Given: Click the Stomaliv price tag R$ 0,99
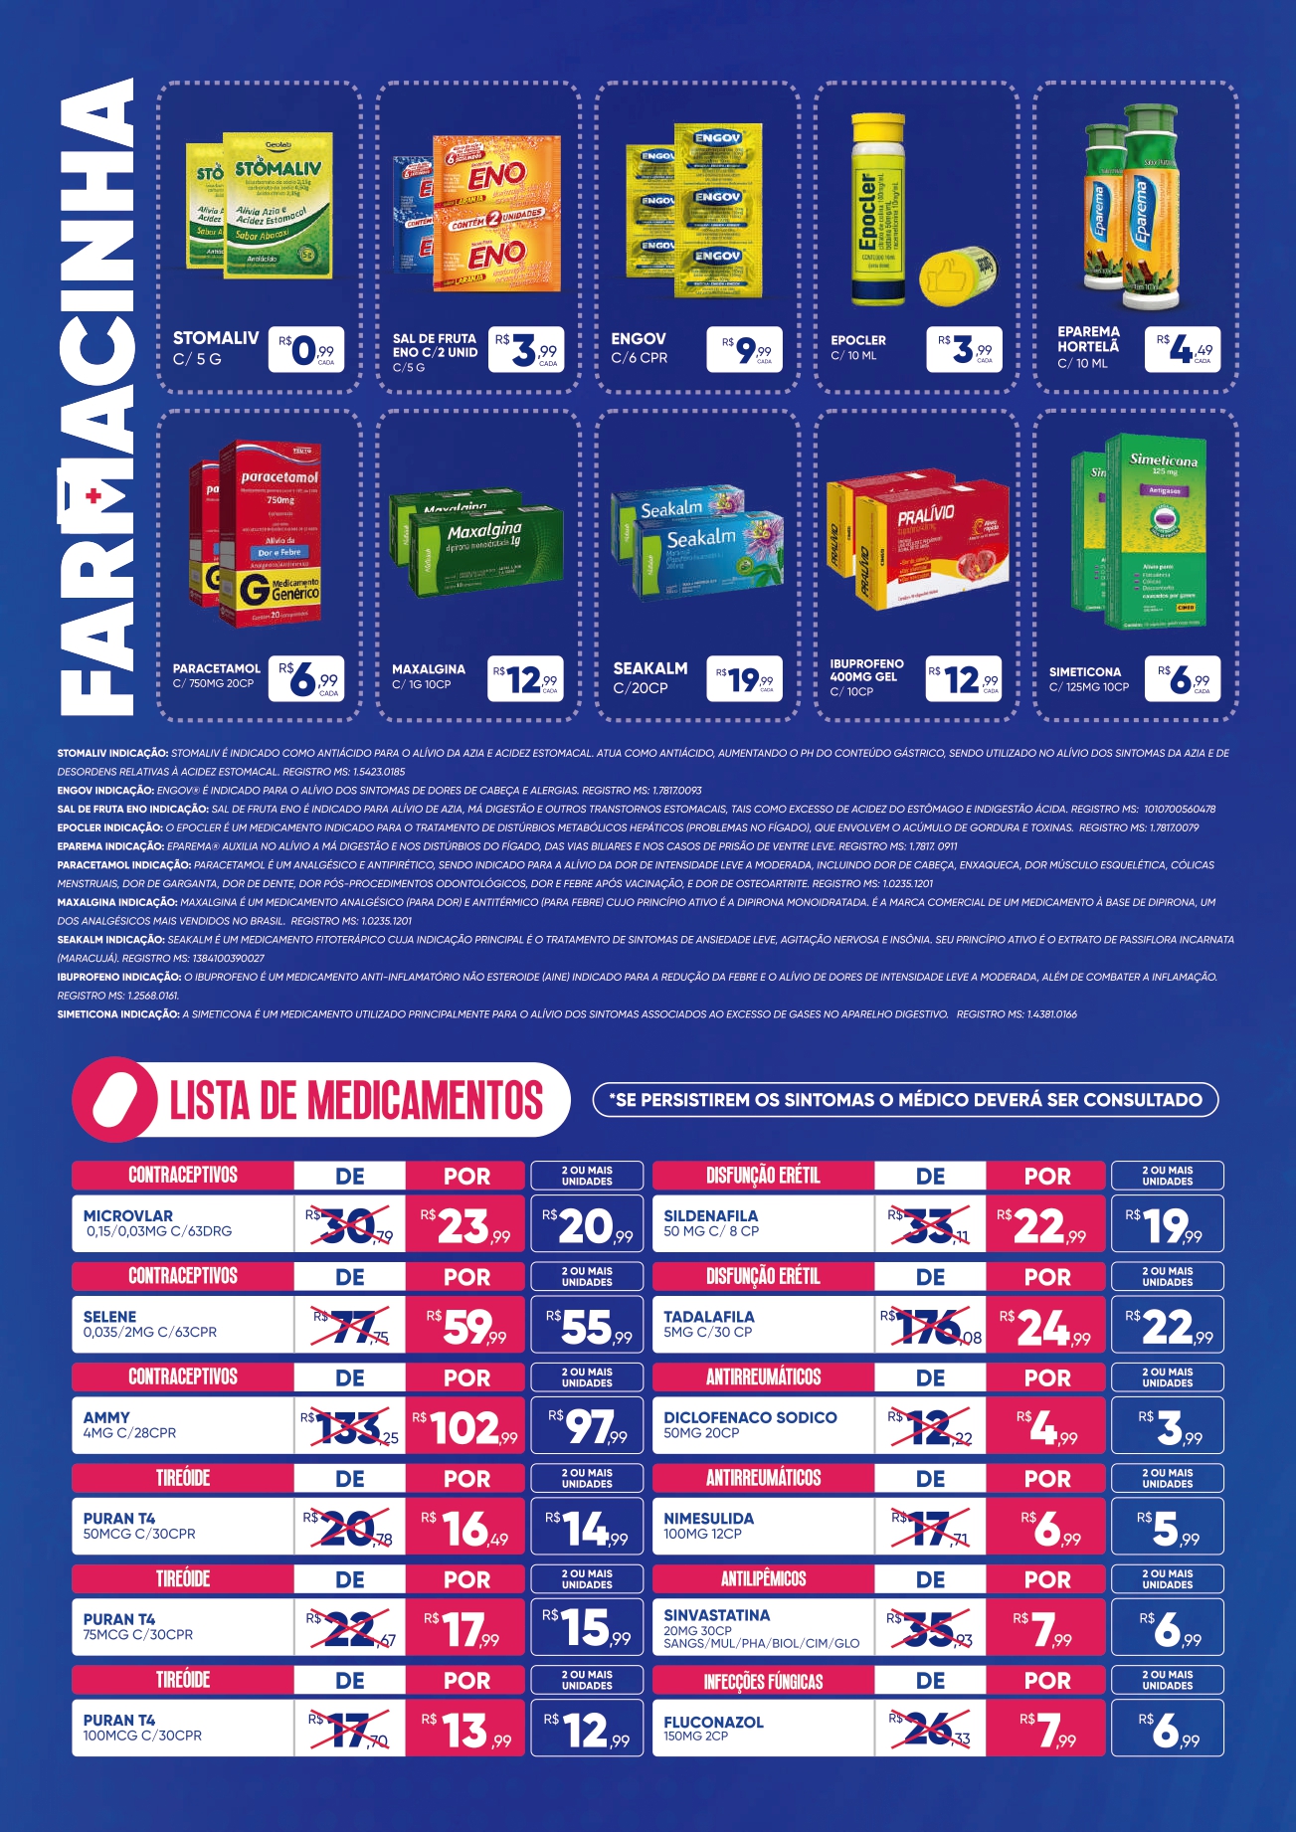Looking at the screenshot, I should pyautogui.click(x=306, y=350).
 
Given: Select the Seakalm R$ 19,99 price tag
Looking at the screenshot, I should pyautogui.click(x=744, y=679).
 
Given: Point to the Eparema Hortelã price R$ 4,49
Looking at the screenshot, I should pyautogui.click(x=1183, y=350).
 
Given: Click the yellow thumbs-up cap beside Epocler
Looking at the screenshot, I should pyautogui.click(x=957, y=275).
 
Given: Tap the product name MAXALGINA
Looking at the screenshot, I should pyautogui.click(x=429, y=669).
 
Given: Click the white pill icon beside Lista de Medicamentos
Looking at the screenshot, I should pyautogui.click(x=115, y=1099).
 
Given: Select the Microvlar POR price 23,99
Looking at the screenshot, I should pyautogui.click(x=464, y=1225).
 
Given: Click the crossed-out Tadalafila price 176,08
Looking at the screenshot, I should pyautogui.click(x=931, y=1327).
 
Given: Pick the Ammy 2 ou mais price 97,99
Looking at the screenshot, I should pyautogui.click(x=588, y=1427).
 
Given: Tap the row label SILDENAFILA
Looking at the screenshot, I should pyautogui.click(x=710, y=1215).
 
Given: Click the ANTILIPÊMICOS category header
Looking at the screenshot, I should pyautogui.click(x=763, y=1579).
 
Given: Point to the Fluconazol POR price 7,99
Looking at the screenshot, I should pyautogui.click(x=1046, y=1731).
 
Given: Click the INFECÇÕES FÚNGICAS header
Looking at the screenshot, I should pyautogui.click(x=763, y=1681).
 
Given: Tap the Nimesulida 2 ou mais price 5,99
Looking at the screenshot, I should pyautogui.click(x=1168, y=1529).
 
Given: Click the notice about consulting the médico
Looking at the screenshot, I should pyautogui.click(x=905, y=1100).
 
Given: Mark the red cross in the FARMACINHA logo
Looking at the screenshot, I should pyautogui.click(x=94, y=495).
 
